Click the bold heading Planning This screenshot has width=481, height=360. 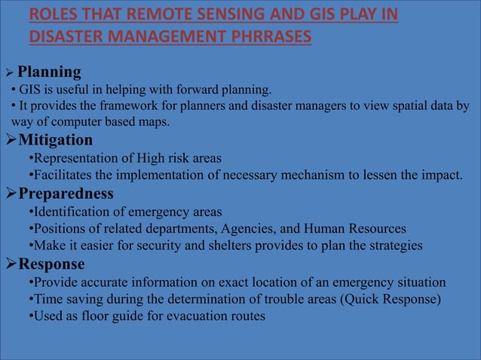(49, 72)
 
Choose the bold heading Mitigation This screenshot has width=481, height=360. (56, 141)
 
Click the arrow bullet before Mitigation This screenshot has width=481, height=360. (11, 141)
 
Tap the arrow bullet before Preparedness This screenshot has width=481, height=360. (11, 194)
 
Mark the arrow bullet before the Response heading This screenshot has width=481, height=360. (11, 264)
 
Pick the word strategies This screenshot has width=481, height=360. (384, 246)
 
